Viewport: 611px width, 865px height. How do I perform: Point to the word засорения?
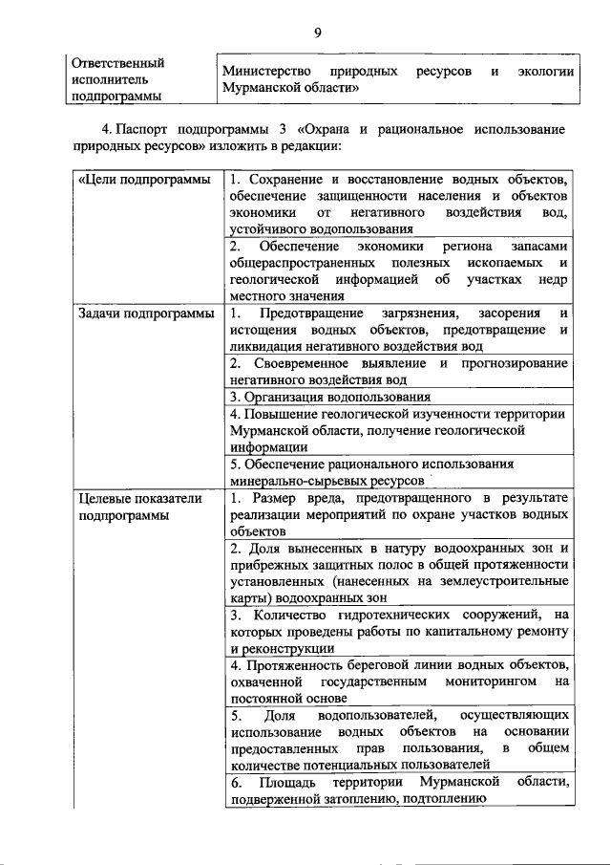coord(509,314)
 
